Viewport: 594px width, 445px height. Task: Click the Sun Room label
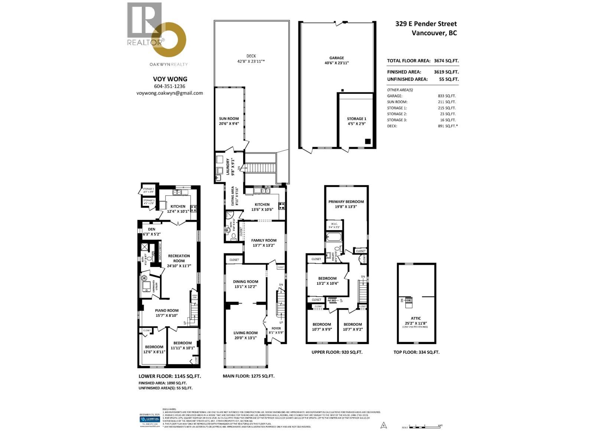coord(229,119)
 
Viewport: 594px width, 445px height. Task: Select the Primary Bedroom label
coord(346,202)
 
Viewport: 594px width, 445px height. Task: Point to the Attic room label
coord(416,318)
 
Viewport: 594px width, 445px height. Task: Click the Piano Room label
coord(167,310)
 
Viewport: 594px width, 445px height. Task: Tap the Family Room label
coord(264,240)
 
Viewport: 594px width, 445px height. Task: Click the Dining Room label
coord(245,281)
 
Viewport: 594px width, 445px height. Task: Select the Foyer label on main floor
coord(276,328)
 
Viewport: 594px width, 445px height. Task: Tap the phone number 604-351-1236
coord(170,86)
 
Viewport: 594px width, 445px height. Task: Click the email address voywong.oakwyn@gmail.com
coord(170,93)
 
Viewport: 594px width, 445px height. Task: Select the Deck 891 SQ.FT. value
coord(448,126)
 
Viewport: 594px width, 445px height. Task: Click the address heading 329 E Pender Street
coord(426,24)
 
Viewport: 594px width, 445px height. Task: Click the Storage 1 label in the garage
coord(356,119)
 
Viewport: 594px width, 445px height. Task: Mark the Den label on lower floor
coord(151,229)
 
